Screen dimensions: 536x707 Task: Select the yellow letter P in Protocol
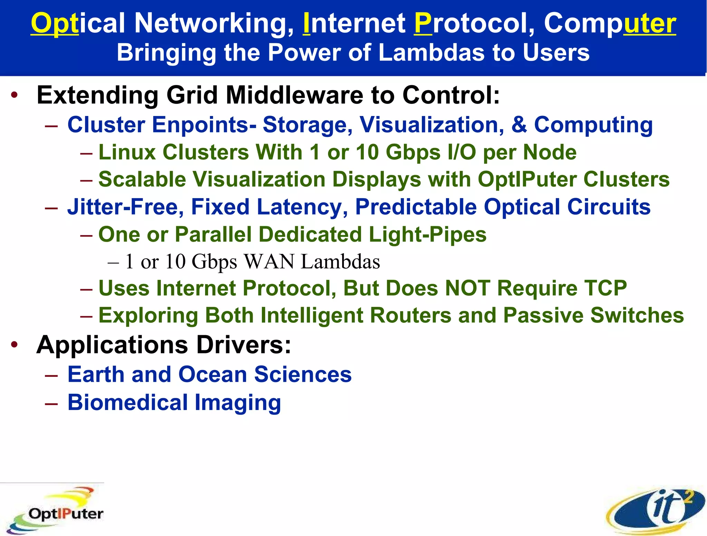(x=423, y=23)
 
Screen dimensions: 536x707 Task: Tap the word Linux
(x=127, y=152)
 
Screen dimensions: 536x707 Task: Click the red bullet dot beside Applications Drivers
(x=14, y=344)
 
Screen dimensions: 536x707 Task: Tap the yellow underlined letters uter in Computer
(x=650, y=23)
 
